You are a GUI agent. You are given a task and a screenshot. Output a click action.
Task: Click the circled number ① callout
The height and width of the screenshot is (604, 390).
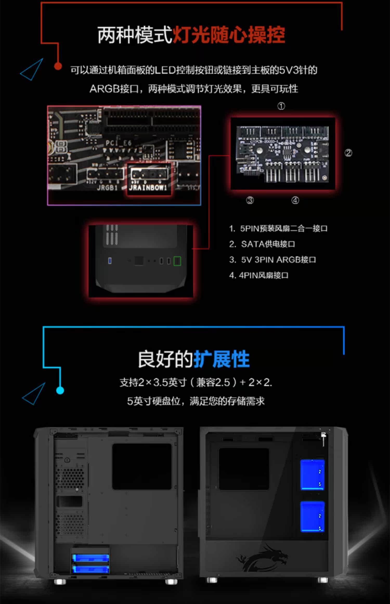[x=281, y=106]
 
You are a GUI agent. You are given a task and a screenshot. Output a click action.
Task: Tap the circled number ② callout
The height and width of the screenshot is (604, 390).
[x=348, y=153]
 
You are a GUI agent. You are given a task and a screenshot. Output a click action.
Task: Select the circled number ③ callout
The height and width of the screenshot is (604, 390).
[x=250, y=200]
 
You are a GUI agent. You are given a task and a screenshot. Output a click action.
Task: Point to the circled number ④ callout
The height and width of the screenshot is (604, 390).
[x=295, y=200]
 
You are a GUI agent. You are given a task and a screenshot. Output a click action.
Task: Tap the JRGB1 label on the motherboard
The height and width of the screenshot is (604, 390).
[x=107, y=188]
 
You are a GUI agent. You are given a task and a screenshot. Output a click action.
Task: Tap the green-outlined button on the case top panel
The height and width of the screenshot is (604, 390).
[x=177, y=261]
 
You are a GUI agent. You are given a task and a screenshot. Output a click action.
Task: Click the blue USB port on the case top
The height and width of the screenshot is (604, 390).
[x=110, y=261]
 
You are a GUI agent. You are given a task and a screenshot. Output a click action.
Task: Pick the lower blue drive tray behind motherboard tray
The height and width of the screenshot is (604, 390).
[x=312, y=517]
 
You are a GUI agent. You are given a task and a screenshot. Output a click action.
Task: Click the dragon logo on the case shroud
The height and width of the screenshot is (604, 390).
[x=263, y=558]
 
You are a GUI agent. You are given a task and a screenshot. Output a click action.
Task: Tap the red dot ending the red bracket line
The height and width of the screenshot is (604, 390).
[x=58, y=66]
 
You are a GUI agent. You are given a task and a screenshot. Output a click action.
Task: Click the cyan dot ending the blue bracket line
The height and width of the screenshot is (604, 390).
[x=60, y=390]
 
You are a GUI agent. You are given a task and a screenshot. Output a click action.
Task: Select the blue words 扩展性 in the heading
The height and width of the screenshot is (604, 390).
[x=222, y=359]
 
